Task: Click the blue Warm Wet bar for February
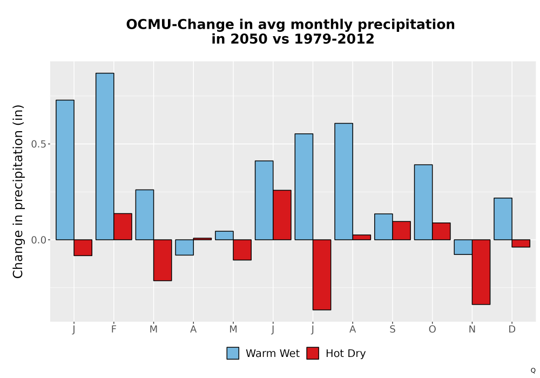[105, 156]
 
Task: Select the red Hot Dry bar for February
[123, 226]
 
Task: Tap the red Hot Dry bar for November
[481, 272]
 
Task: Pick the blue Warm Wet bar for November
[463, 247]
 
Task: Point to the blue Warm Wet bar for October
[423, 202]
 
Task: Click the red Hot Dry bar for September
[402, 231]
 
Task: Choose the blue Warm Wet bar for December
[503, 219]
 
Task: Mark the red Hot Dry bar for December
[521, 244]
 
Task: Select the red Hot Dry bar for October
[442, 231]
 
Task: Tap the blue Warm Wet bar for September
[383, 227]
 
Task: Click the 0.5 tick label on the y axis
[38, 144]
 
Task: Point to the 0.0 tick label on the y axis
[38, 240]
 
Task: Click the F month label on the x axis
[113, 329]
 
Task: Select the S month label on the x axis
[393, 329]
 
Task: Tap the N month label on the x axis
[472, 329]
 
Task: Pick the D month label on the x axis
[512, 329]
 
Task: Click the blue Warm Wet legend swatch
[233, 353]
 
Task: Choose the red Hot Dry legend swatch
[313, 353]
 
